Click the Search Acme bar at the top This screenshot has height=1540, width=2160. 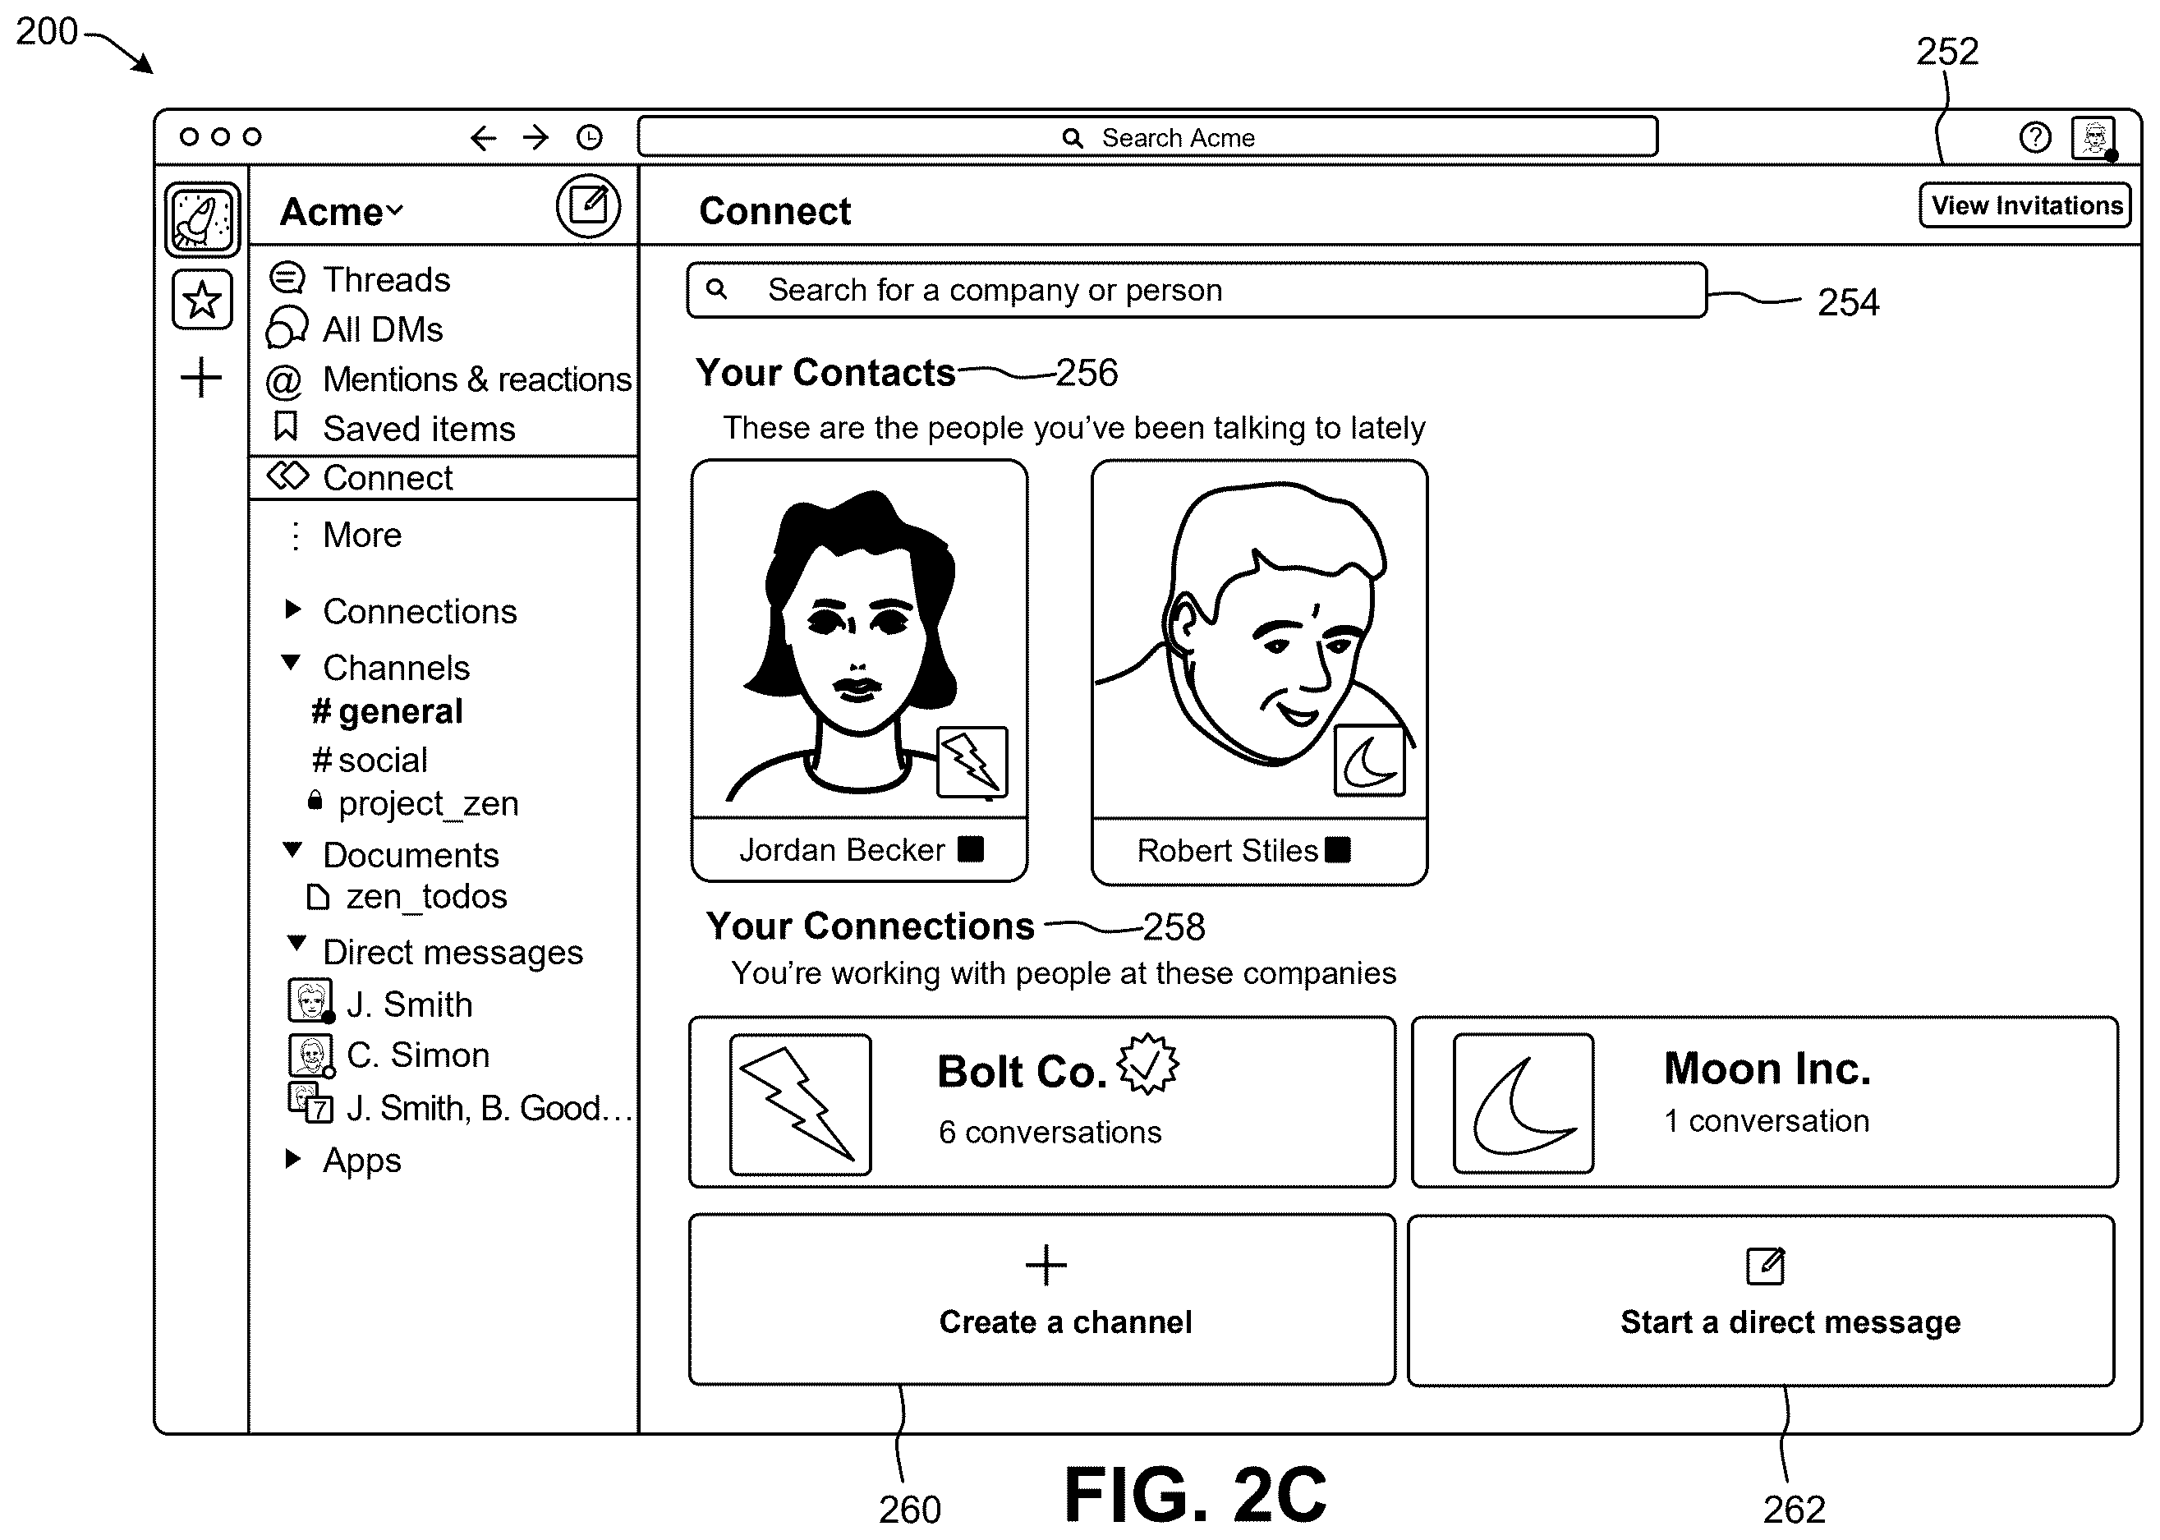1147,136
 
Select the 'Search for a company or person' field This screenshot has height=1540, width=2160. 1197,290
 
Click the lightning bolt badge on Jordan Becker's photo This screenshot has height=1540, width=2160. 972,761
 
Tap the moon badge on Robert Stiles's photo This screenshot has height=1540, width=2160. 1369,760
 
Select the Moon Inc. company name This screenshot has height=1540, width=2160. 1768,1069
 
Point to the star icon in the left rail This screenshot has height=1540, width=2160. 202,301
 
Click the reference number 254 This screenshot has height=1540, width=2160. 1848,302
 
